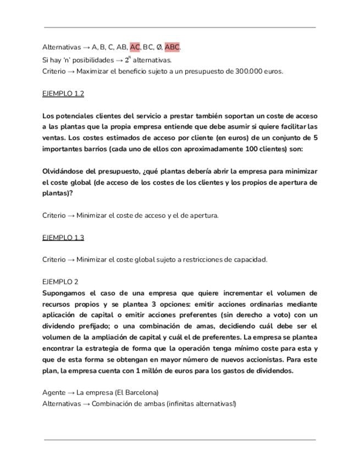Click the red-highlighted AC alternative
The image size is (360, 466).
135,47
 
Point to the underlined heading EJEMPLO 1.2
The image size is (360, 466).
63,93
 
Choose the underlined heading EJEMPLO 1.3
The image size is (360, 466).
63,237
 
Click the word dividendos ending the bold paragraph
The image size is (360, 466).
274,370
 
